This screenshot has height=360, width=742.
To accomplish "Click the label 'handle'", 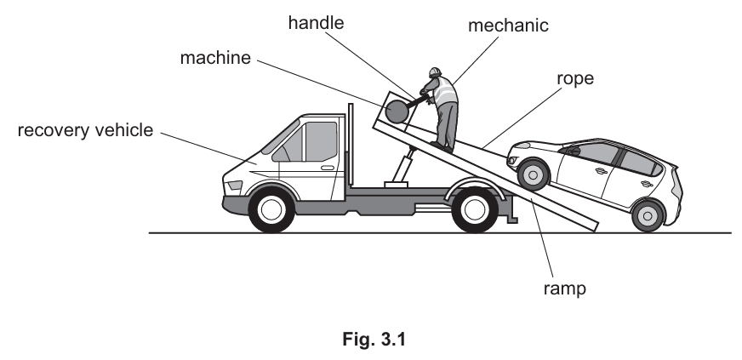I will click(316, 23).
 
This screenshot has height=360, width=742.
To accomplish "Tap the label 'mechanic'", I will click(509, 26).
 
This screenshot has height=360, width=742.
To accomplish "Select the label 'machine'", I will click(217, 59).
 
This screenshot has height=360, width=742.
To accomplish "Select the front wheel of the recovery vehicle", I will click(271, 209).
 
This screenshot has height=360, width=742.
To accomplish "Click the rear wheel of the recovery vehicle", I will click(474, 209).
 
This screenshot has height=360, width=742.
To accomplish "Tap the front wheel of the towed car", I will click(534, 174).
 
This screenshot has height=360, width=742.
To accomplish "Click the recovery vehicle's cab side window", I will click(320, 140).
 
